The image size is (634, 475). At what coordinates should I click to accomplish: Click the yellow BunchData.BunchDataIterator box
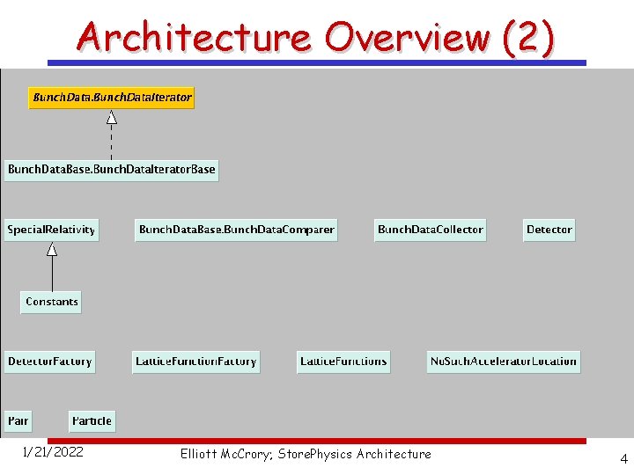(112, 97)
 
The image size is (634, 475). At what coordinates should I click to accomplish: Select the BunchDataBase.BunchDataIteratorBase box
(111, 169)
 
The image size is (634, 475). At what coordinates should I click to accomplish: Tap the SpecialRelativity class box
(51, 230)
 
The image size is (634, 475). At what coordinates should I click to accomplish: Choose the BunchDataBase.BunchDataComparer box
(236, 230)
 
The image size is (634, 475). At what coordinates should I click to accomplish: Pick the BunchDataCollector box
(430, 230)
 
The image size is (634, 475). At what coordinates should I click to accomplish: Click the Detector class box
(549, 230)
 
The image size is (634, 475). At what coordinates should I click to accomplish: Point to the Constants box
(52, 302)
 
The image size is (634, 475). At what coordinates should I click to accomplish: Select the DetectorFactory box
(49, 362)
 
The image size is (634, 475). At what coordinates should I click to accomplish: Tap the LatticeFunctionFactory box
(195, 362)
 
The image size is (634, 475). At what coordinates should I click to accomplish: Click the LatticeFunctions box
(343, 362)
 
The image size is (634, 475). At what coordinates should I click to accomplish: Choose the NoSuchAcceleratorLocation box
(503, 362)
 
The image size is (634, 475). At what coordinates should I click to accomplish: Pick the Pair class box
(18, 420)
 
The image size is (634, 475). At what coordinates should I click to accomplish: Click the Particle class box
(92, 420)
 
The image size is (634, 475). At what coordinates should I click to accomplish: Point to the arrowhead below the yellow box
(111, 117)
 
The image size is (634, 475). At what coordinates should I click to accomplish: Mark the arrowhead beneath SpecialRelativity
(52, 249)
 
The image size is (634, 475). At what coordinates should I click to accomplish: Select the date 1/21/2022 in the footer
(53, 453)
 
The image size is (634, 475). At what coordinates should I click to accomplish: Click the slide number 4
(623, 458)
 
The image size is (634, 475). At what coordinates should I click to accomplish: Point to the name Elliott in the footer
(201, 454)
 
